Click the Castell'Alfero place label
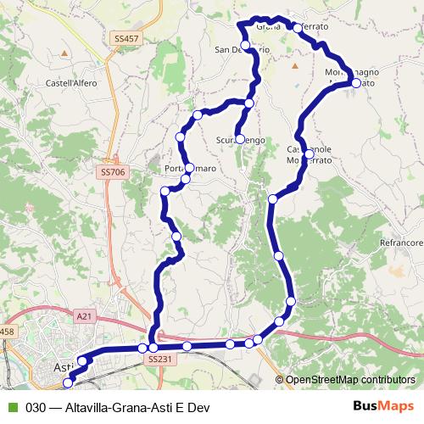tap(72, 83)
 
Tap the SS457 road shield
tap(125, 39)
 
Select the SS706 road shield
tap(112, 172)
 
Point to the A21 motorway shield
tap(83, 315)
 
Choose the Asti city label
tap(62, 367)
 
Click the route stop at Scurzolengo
tap(240, 139)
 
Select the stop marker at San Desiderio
tap(245, 45)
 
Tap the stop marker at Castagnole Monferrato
tap(310, 153)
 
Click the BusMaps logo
tap(383, 406)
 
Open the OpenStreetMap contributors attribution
tap(349, 381)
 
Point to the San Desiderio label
tap(243, 50)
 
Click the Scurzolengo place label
tap(243, 139)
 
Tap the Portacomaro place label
tap(190, 169)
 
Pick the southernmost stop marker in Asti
tap(69, 384)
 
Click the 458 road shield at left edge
tap(7, 331)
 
